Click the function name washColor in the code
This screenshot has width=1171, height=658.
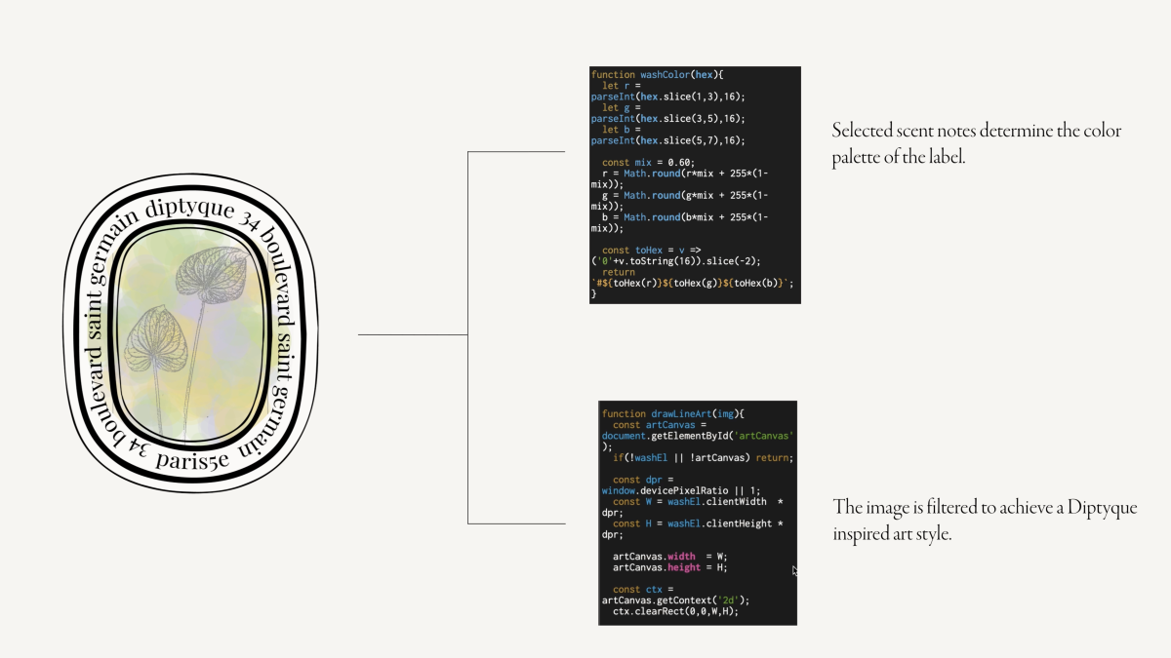coord(664,74)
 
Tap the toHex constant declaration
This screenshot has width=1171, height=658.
coord(650,250)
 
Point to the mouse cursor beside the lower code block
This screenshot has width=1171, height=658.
coord(794,571)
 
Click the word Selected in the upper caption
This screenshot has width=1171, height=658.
coord(864,131)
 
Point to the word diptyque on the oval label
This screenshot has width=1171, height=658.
coord(189,208)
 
